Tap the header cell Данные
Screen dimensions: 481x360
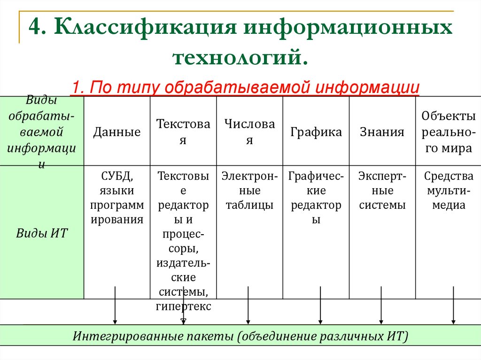(117, 132)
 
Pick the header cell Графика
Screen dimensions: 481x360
(316, 132)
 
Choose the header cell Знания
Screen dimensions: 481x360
(382, 132)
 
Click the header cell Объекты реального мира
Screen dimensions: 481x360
(448, 132)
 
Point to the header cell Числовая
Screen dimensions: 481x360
(249, 132)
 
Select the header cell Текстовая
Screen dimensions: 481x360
(183, 132)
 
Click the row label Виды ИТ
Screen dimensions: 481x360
(42, 233)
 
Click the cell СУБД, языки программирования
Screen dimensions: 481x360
(117, 198)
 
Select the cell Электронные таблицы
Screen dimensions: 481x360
(249, 191)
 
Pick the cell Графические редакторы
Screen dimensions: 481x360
(316, 198)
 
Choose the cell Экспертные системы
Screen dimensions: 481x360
(382, 191)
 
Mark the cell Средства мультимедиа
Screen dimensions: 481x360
(448, 191)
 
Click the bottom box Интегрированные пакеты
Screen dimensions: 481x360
(240, 337)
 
